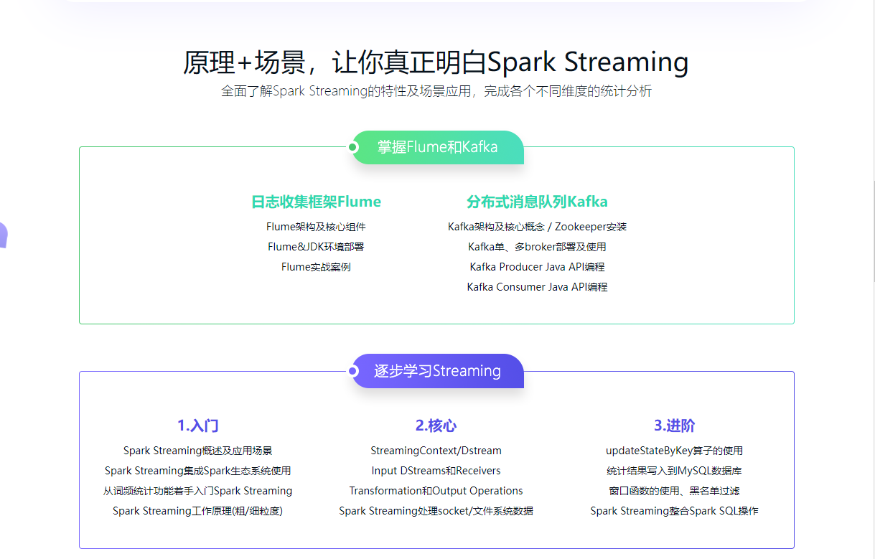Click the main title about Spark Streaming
coord(436,62)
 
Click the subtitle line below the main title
coord(436,92)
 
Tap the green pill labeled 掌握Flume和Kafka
coord(438,147)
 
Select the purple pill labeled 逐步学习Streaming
coord(438,371)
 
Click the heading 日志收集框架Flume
coord(316,202)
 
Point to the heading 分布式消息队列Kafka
coord(537,202)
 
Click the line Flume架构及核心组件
coord(316,227)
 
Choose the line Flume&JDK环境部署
coord(316,247)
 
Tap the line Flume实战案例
coord(316,267)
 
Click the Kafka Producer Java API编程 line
coord(537,267)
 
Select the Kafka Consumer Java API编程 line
coord(537,287)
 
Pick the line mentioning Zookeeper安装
coord(537,227)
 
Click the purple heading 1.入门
coord(198,426)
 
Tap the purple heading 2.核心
coord(436,426)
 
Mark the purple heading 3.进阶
coord(674,426)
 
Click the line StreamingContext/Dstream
coord(436,451)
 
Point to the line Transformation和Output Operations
coord(436,491)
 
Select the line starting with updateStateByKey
coord(674,451)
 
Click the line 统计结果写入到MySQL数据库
coord(674,471)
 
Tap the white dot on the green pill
coord(352,147)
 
